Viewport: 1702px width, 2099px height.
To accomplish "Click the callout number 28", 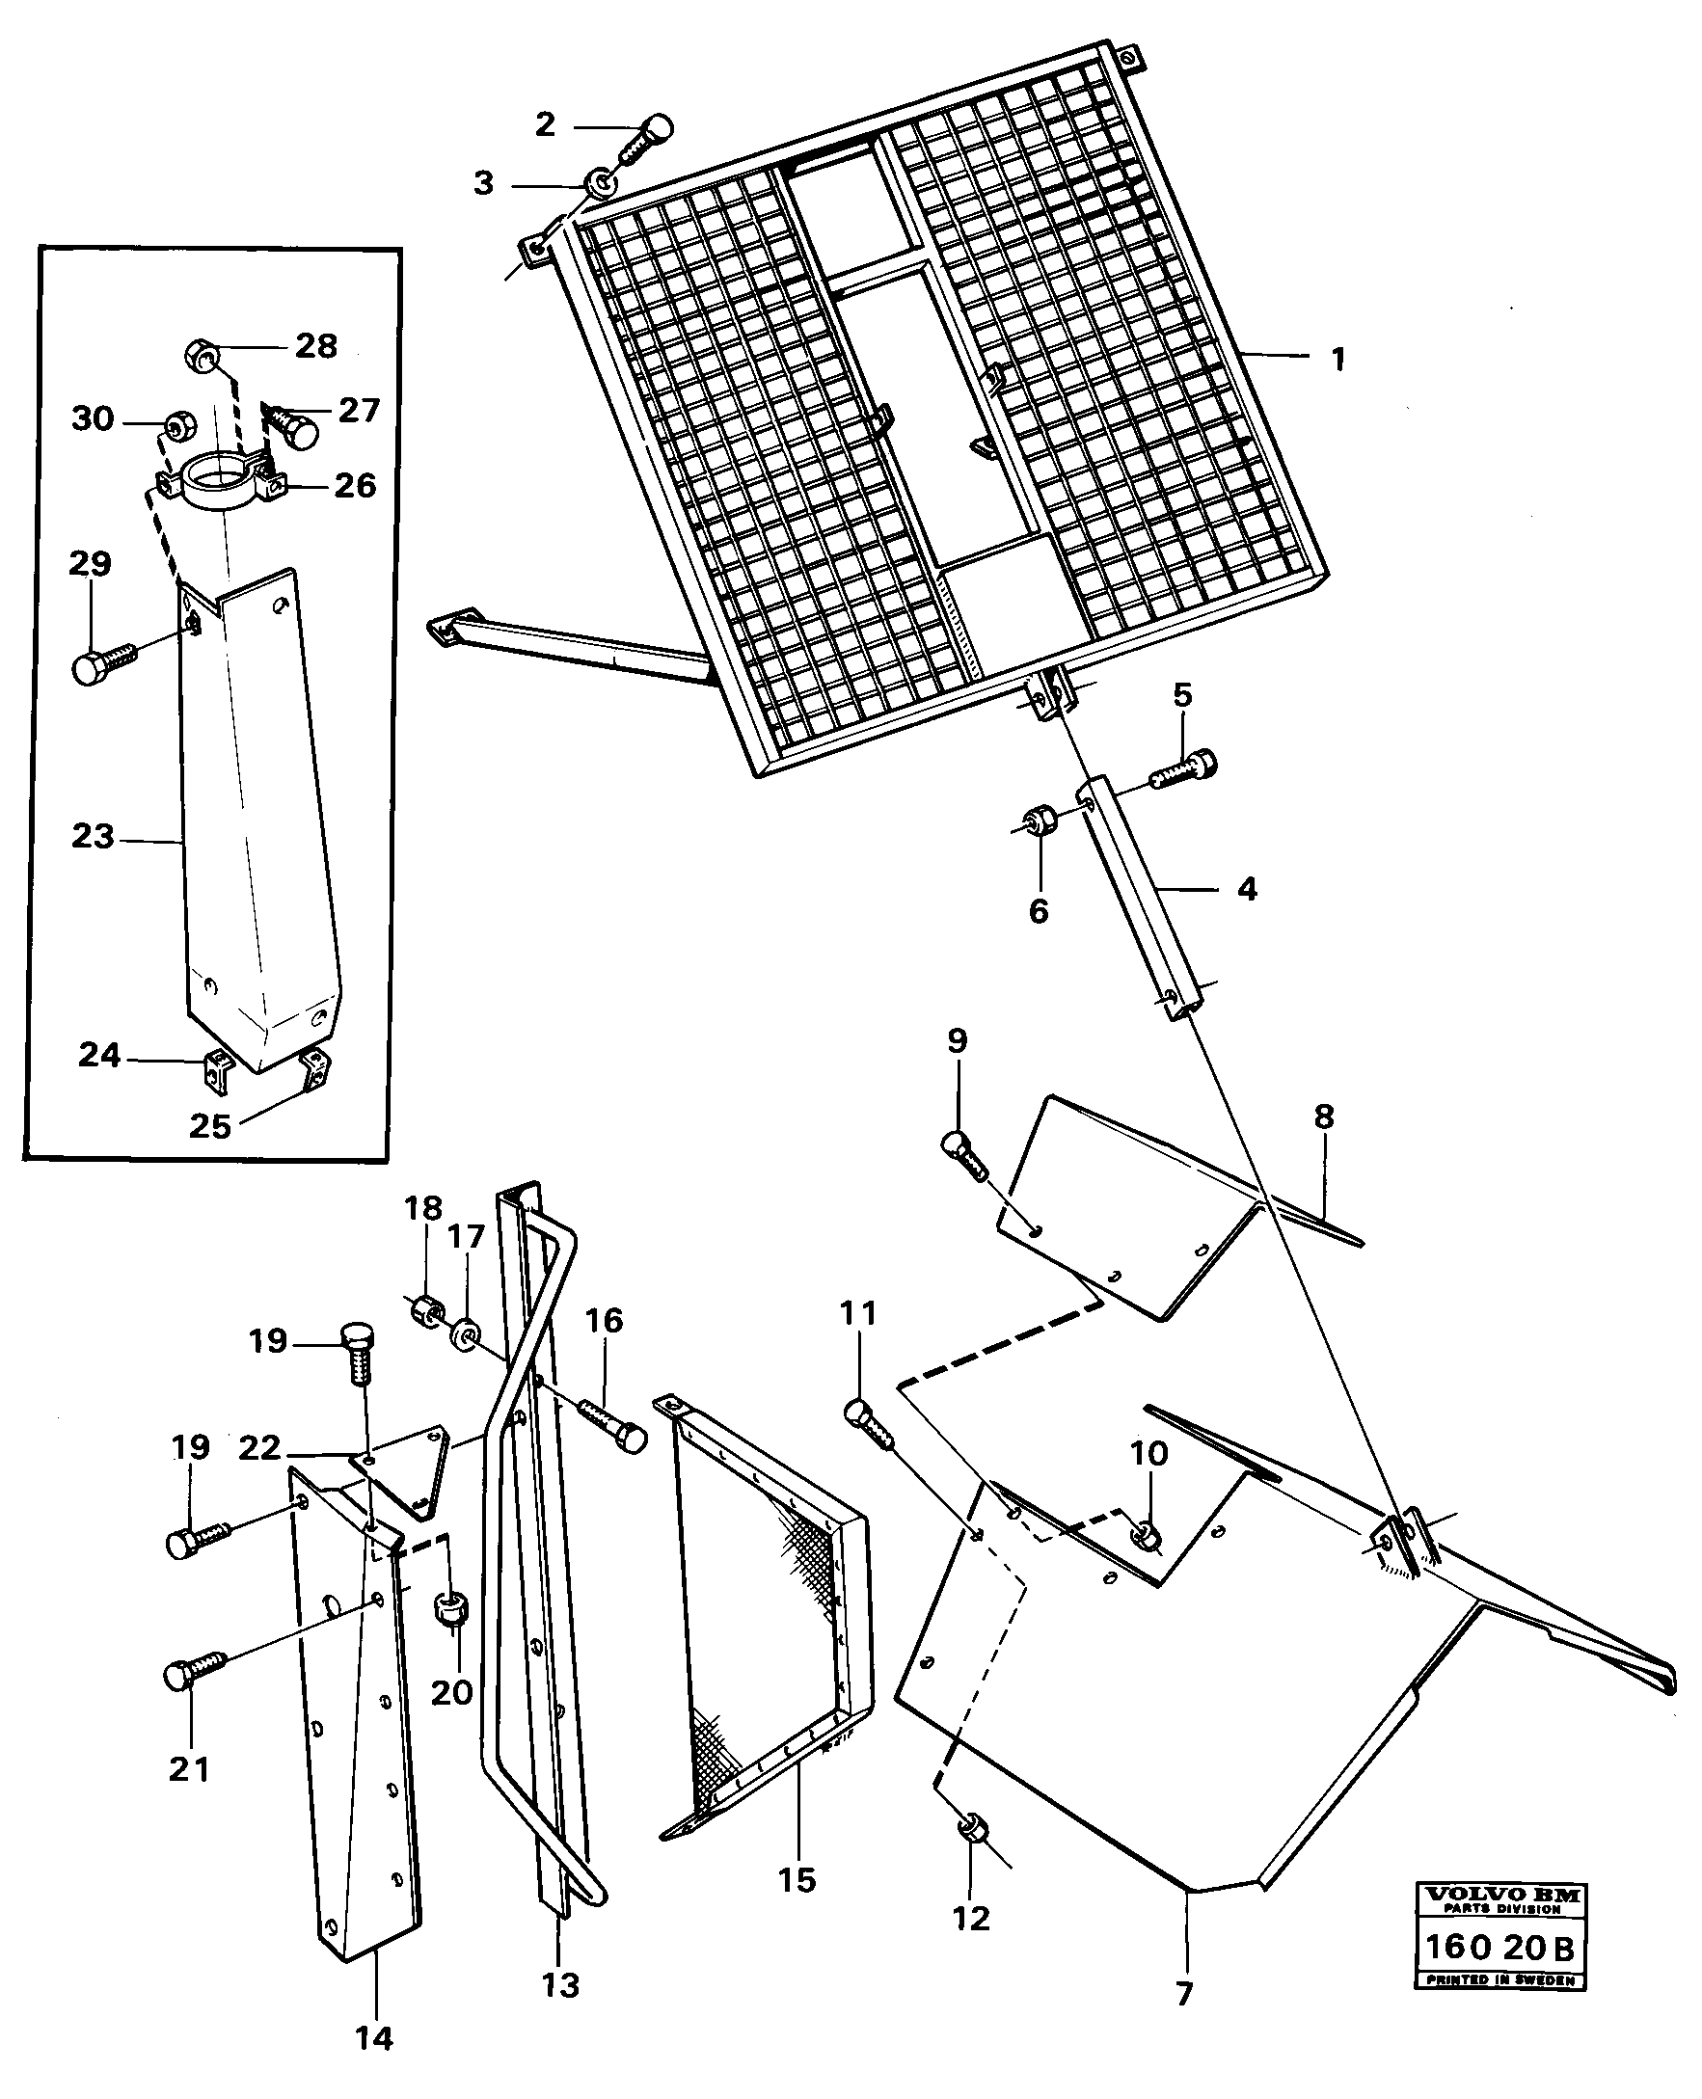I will click(315, 345).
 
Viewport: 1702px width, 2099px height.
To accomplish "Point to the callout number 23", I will click(93, 836).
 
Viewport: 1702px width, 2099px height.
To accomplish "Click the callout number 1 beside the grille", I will click(1337, 359).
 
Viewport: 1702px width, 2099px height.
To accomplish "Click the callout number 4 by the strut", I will click(1246, 889).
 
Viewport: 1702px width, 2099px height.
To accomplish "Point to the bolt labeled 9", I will click(966, 1157).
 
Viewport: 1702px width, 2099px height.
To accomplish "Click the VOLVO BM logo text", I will click(1501, 1896).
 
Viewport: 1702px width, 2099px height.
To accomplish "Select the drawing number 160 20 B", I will click(1500, 1947).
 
